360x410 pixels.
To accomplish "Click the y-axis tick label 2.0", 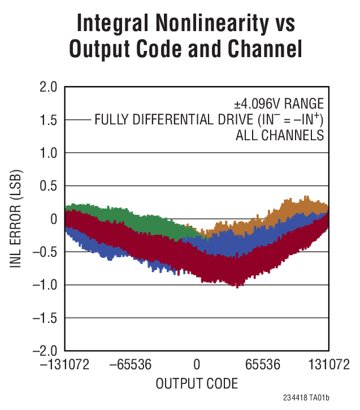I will click(x=46, y=87).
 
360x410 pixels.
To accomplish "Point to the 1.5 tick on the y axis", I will click(x=46, y=120).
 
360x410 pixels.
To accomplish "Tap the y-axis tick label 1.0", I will click(x=46, y=153).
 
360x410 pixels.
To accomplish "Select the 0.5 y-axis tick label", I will click(x=46, y=186).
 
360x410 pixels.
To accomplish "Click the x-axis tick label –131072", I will click(x=64, y=364).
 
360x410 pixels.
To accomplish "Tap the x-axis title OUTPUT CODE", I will click(x=197, y=383).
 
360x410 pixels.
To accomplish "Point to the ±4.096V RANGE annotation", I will click(x=279, y=104).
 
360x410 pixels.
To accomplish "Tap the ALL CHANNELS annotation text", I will click(x=279, y=136).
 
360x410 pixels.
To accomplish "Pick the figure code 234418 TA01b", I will click(x=314, y=398).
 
